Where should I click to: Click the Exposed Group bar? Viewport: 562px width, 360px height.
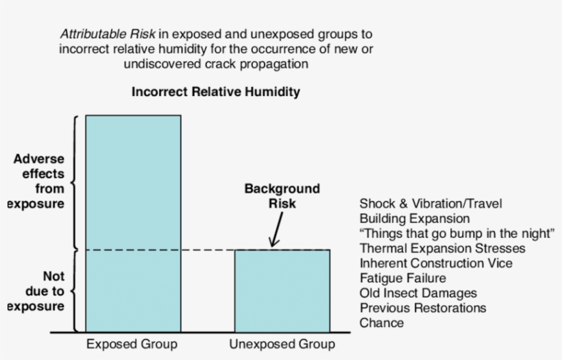click(133, 223)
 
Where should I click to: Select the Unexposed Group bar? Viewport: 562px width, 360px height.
click(282, 291)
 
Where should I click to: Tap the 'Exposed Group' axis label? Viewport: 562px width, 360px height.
click(132, 344)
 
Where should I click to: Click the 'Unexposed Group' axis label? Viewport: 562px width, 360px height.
click(282, 344)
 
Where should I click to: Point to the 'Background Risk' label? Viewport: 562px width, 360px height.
click(282, 196)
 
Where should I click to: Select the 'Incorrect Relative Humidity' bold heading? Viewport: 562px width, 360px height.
click(216, 91)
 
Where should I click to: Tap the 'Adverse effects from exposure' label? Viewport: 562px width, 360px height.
click(38, 181)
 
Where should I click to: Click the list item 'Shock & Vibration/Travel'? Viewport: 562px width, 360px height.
click(430, 204)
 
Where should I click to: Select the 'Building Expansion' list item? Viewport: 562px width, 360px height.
click(415, 219)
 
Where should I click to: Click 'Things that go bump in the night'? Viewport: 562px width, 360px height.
click(456, 233)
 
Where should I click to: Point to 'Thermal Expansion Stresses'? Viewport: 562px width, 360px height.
click(442, 248)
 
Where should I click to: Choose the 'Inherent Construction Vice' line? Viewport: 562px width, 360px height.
click(435, 263)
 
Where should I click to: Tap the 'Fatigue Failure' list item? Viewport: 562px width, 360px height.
click(402, 278)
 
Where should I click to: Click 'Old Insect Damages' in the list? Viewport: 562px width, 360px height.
click(418, 293)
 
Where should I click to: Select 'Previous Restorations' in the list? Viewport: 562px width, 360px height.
click(422, 308)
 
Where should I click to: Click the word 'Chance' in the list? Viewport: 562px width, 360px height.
click(382, 323)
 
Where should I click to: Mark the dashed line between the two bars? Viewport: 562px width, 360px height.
click(208, 250)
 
